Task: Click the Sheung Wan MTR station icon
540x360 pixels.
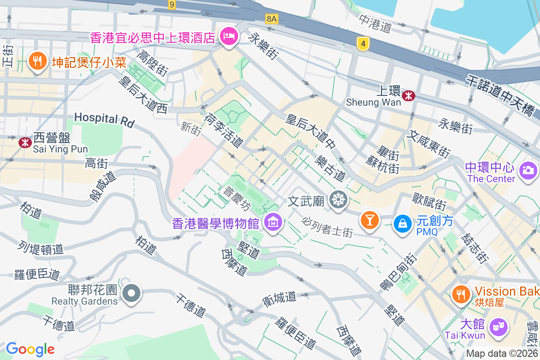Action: [409, 95]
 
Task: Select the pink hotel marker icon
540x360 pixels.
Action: [229, 36]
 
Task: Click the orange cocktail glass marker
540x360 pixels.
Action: [369, 220]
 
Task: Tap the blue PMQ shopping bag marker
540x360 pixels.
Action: [402, 222]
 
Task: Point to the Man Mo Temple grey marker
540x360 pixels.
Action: [338, 198]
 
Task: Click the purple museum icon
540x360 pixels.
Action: [273, 221]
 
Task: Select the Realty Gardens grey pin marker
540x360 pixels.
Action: [131, 293]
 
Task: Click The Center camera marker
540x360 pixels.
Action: [528, 170]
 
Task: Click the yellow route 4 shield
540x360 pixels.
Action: [363, 44]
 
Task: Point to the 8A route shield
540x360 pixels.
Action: [272, 18]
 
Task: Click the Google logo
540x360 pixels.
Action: [30, 349]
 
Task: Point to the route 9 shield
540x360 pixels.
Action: [171, 4]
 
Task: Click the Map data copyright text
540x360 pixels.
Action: [502, 354]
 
